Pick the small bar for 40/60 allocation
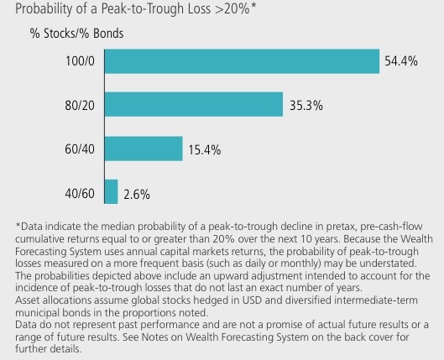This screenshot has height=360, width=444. [x=110, y=192]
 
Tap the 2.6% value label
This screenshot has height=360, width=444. [x=137, y=193]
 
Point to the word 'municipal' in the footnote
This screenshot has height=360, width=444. [x=41, y=309]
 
